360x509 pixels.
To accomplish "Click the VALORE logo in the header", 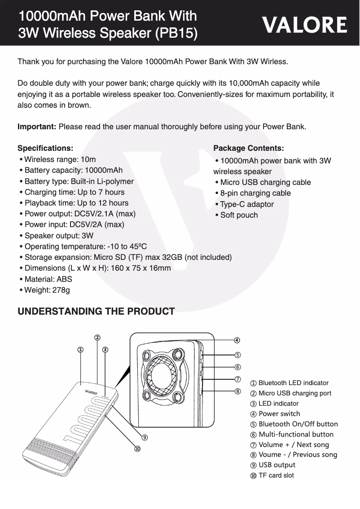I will [305, 25].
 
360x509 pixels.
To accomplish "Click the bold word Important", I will [36, 127].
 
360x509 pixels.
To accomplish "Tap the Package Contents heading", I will [248, 148].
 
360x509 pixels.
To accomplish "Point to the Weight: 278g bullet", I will [45, 290].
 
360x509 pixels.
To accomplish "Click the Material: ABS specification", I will [46, 279].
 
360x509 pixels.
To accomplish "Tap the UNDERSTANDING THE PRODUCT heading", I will [96, 312].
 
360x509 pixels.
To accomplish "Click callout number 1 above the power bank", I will [80, 349].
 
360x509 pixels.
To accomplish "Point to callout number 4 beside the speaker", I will [237, 340].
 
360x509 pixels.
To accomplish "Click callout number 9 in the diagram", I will [144, 437].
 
